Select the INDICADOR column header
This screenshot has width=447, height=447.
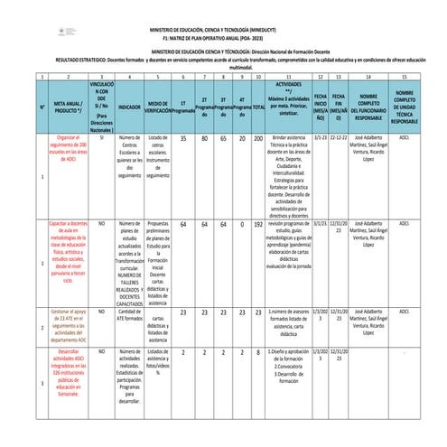[129, 106]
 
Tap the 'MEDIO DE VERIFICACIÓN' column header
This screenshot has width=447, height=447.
[158, 106]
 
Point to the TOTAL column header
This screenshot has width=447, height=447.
[259, 107]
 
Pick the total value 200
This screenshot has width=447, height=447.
[259, 138]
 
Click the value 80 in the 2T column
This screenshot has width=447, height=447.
[204, 138]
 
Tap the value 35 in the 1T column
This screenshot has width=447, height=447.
[183, 138]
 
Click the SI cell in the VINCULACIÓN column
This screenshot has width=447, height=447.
[102, 137]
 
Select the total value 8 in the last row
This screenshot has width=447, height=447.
[259, 352]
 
